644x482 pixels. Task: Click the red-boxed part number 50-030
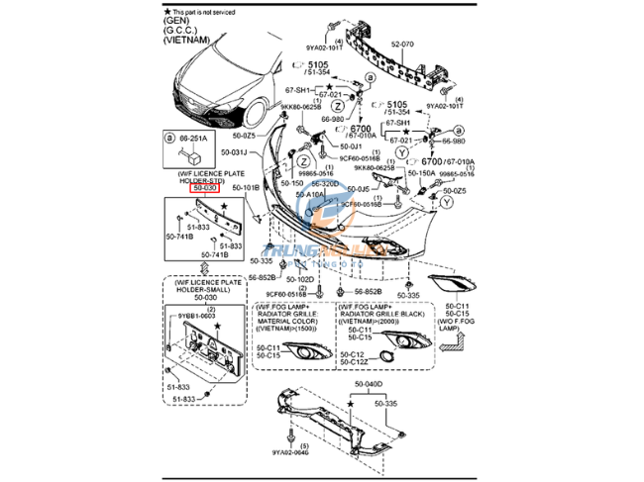click(204, 187)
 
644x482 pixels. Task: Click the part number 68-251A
click(193, 139)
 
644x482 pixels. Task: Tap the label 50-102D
click(301, 279)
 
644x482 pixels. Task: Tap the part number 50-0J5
click(357, 188)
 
